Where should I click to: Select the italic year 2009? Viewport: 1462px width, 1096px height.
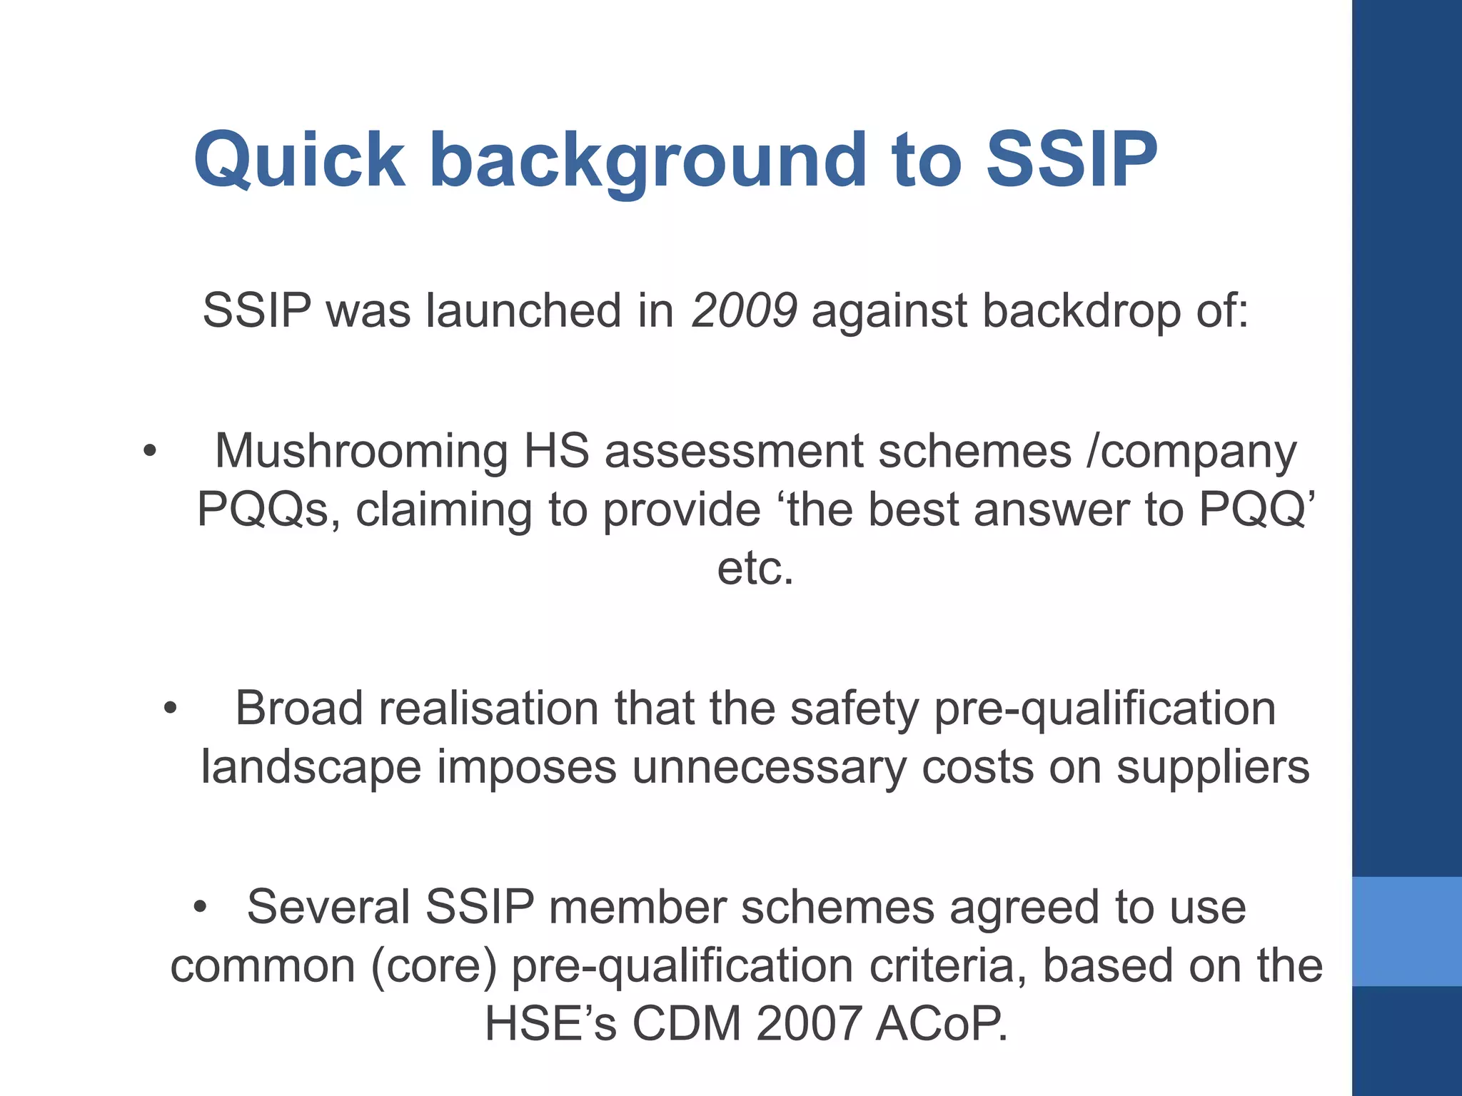744,311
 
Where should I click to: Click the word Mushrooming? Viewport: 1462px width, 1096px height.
361,452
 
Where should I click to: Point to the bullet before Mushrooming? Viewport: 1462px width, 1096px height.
149,451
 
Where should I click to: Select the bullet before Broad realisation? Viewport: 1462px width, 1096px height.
170,709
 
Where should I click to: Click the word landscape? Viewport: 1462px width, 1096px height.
311,768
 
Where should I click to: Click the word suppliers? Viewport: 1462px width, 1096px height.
1213,768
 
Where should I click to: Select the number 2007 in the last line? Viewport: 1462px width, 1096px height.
808,1025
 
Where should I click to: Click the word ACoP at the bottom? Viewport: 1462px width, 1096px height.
941,1025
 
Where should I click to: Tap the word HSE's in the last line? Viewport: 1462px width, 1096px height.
550,1025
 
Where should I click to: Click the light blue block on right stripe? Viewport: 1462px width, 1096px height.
1407,931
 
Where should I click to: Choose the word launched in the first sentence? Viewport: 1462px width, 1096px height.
524,311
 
